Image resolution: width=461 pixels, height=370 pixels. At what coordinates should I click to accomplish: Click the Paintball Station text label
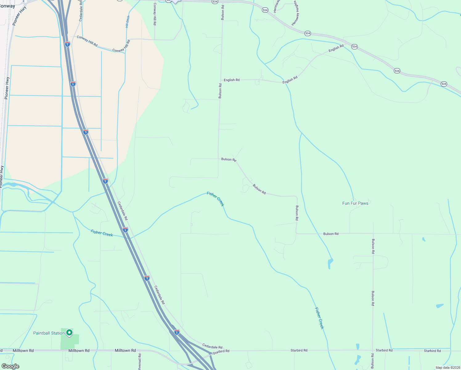point(49,333)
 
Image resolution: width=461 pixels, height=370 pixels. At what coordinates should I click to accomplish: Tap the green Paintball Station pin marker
point(70,332)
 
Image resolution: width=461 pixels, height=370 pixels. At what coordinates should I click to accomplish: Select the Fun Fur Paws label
point(355,203)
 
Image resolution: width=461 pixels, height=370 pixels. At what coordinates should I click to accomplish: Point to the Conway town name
point(7,6)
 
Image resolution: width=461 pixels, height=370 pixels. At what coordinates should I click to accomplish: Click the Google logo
point(10,366)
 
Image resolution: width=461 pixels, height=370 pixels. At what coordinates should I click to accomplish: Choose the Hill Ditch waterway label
point(128,22)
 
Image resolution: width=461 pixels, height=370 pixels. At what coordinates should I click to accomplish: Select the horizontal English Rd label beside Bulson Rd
point(232,80)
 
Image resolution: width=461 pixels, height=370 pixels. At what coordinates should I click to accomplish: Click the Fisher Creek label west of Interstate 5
point(102,233)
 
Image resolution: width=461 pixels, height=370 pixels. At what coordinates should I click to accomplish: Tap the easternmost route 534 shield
point(444,84)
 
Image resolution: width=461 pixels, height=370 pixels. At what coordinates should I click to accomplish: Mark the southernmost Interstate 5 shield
point(177,332)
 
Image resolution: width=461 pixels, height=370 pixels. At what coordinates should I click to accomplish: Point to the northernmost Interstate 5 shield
point(67,44)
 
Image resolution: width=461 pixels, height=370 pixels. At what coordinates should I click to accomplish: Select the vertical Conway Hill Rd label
point(155,17)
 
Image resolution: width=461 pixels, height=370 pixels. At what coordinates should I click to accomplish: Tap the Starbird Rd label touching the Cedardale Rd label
point(221,351)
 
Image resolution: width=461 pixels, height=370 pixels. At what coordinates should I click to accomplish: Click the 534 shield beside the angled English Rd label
point(354,47)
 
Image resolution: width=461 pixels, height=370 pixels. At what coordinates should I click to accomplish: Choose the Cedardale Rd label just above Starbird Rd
point(212,347)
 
